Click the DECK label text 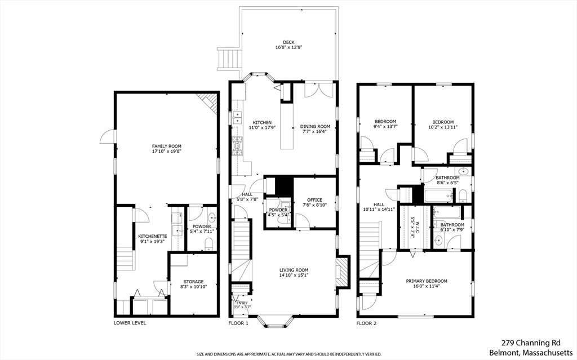288,42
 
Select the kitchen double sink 237,117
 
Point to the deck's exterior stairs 229,59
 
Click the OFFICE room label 314,200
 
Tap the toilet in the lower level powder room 208,243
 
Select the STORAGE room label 194,282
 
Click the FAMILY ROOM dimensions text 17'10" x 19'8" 167,151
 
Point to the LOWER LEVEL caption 130,323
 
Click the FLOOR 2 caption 366,323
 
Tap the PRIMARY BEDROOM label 427,281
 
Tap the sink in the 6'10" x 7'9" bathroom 438,241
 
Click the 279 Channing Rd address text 531,343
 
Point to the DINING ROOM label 315,126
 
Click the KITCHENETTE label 153,236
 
